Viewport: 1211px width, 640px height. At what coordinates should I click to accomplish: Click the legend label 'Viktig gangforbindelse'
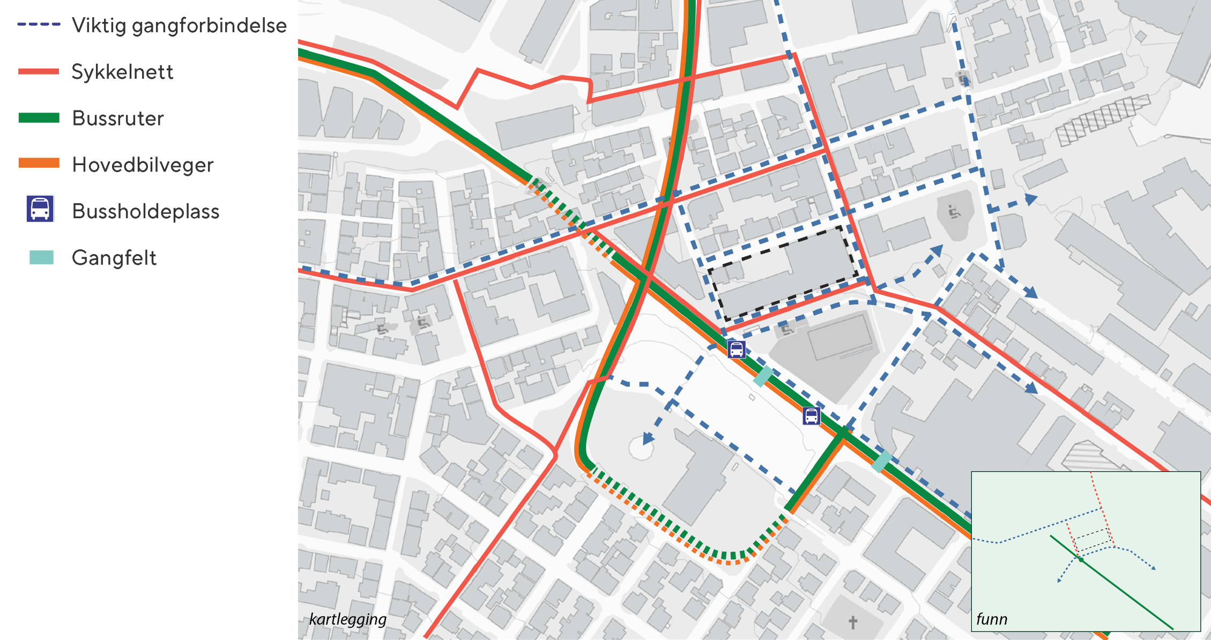[179, 26]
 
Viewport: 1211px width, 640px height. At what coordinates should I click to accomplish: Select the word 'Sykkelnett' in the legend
[122, 72]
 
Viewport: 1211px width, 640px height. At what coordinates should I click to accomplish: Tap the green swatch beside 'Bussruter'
[39, 118]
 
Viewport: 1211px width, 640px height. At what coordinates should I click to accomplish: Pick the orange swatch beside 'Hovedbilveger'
[39, 163]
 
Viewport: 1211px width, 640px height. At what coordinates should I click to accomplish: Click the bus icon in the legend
[40, 209]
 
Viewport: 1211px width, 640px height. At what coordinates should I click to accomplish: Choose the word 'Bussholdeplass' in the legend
[145, 211]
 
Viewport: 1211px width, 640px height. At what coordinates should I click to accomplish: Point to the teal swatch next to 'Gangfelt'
[41, 257]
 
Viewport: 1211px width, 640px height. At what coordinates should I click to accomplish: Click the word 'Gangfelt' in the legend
[114, 258]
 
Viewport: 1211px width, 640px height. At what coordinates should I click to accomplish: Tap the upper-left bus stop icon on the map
[737, 349]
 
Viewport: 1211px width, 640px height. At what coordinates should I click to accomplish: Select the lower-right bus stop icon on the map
[811, 415]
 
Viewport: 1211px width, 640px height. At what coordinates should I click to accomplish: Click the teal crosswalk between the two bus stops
[763, 376]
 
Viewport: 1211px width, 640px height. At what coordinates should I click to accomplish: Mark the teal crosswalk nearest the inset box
[881, 461]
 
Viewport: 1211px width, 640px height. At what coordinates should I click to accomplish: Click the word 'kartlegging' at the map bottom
[347, 619]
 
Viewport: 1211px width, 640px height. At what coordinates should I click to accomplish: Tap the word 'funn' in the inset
[992, 619]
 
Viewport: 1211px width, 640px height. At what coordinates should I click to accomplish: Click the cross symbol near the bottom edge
[853, 622]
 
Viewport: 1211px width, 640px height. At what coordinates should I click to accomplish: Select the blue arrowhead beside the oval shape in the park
[648, 438]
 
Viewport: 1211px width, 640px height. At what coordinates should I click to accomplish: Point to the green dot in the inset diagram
[1081, 560]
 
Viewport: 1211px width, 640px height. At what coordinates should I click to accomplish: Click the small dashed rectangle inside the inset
[1092, 539]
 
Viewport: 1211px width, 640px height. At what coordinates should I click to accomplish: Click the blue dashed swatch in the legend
[39, 25]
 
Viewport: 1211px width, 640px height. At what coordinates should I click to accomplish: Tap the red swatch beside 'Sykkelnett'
[39, 71]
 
